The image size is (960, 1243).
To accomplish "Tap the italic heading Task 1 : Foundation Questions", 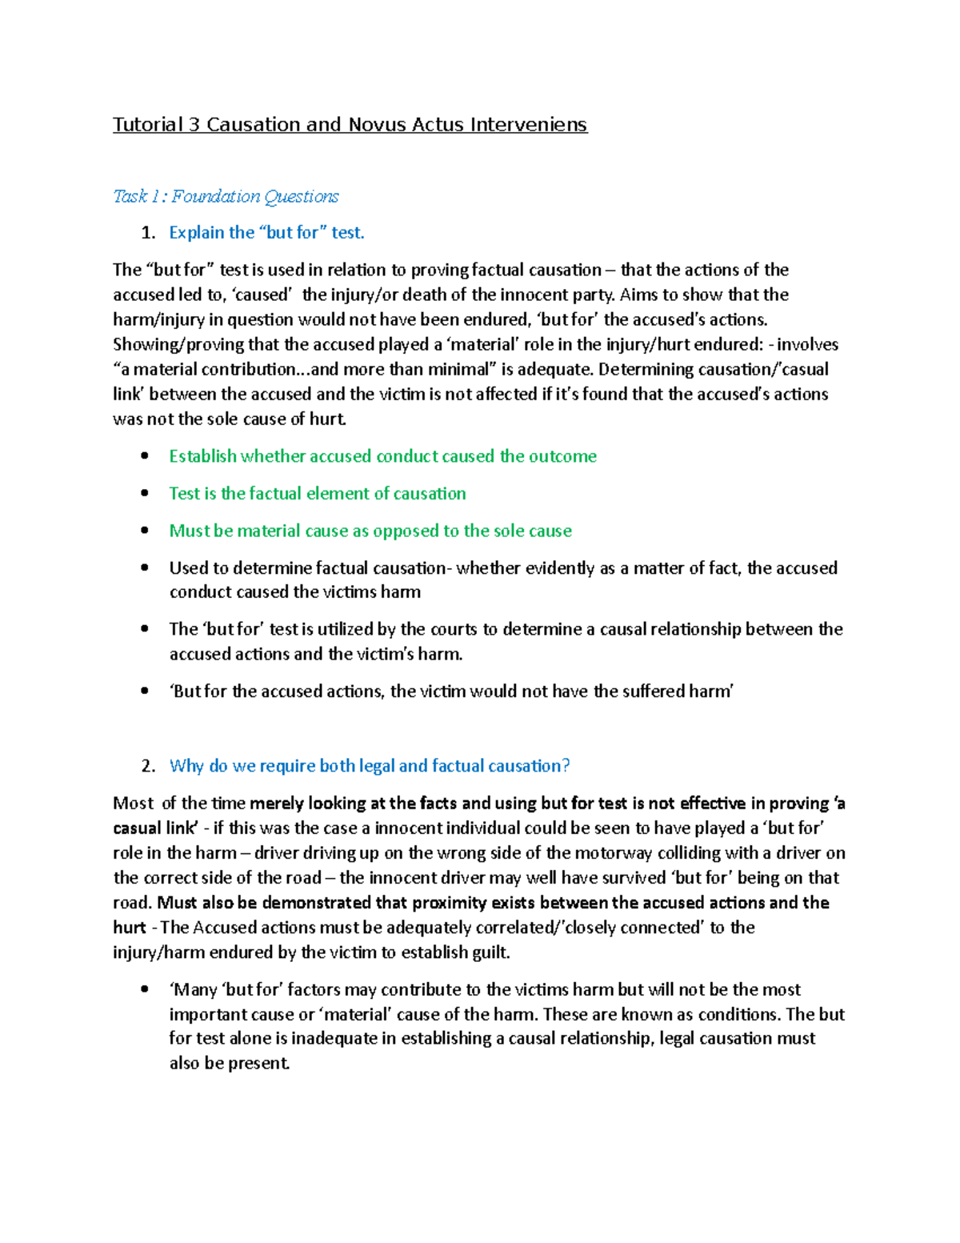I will pyautogui.click(x=226, y=196).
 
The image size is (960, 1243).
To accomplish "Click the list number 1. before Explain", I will pyautogui.click(x=148, y=233).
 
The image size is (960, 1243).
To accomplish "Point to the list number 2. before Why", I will pyautogui.click(x=148, y=766).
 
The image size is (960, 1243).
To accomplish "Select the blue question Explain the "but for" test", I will pyautogui.click(x=266, y=233).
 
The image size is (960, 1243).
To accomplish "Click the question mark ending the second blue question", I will pyautogui.click(x=566, y=766).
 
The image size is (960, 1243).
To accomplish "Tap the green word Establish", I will pyautogui.click(x=202, y=456).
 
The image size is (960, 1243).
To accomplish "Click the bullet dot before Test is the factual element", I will pyautogui.click(x=144, y=493).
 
